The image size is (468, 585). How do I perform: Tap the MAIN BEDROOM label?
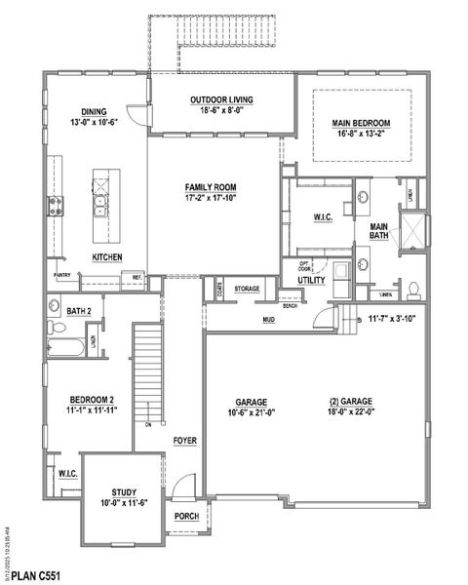(361, 123)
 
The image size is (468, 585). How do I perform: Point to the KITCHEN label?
(106, 257)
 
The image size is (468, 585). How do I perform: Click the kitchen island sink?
(100, 205)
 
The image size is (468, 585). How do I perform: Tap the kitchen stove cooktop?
(56, 205)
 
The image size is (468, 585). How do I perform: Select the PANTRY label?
(61, 276)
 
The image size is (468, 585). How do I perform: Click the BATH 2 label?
(79, 311)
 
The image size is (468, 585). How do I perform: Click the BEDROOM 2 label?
(92, 400)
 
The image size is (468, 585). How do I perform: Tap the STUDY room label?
(123, 492)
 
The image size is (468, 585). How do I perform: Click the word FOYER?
(185, 441)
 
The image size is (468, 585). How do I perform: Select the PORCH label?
(186, 516)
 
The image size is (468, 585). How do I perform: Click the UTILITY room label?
(312, 281)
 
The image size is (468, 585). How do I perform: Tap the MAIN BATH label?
(380, 231)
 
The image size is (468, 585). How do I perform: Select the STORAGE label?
(247, 290)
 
